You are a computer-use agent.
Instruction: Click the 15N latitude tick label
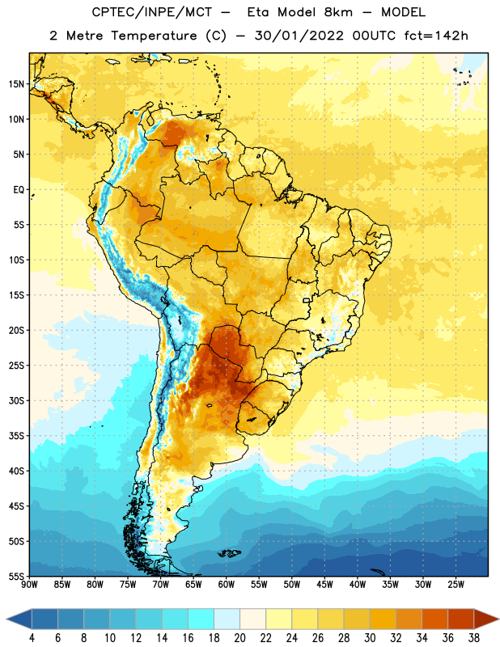[16, 84]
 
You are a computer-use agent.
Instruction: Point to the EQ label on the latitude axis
[19, 190]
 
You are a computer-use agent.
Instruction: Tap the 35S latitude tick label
[16, 436]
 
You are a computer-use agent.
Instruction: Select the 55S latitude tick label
[16, 576]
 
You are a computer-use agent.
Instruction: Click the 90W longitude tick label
[29, 585]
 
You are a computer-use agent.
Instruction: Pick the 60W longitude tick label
[227, 585]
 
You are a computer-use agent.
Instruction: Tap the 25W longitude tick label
[456, 585]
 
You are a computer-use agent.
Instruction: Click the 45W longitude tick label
[324, 585]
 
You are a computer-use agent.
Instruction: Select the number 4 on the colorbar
[32, 638]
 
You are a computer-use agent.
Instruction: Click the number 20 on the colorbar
[239, 638]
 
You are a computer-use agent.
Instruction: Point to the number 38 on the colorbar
[473, 638]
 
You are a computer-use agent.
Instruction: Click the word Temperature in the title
[154, 36]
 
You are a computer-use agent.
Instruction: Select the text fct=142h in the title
[436, 36]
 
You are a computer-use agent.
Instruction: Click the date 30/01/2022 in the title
[299, 36]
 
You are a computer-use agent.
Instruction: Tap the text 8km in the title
[338, 12]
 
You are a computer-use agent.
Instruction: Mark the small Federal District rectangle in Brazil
[307, 300]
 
